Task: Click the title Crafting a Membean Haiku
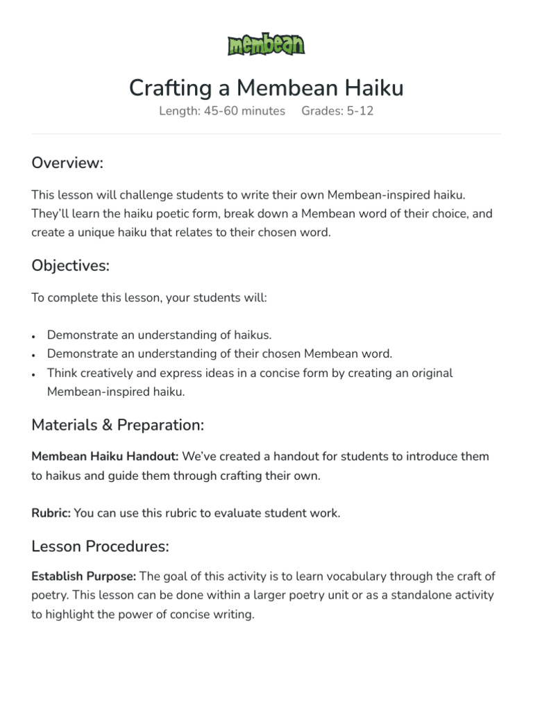click(x=266, y=88)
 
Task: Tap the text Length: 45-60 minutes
click(x=221, y=111)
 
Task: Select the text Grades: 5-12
click(x=337, y=111)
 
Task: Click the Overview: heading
click(x=67, y=162)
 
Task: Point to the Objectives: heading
click(x=70, y=265)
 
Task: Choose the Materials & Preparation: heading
click(x=117, y=424)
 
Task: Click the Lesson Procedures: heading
click(x=100, y=546)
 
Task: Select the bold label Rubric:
click(x=51, y=513)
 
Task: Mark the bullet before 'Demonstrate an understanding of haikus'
click(x=33, y=336)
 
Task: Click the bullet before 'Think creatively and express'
click(x=33, y=374)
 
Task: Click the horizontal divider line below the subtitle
click(x=266, y=134)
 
